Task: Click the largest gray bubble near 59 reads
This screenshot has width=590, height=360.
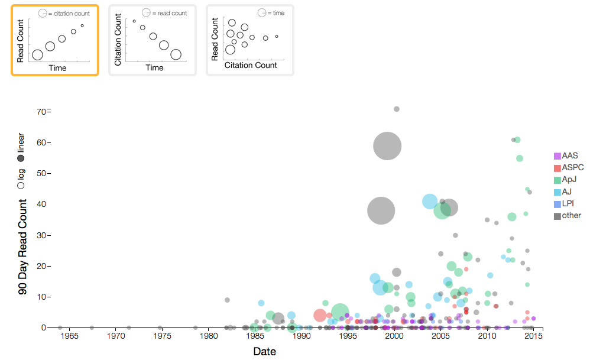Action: (387, 146)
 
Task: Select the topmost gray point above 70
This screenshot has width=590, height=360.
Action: (397, 109)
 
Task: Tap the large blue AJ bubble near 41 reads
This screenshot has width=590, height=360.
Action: (430, 202)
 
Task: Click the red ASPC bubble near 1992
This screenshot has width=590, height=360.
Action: (320, 316)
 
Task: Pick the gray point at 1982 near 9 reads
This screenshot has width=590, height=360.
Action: (227, 300)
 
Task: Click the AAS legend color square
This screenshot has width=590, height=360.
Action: (557, 156)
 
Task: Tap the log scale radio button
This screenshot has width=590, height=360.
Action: (21, 185)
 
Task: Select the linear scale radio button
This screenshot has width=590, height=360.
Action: (21, 158)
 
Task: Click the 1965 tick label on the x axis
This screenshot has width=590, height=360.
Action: (69, 336)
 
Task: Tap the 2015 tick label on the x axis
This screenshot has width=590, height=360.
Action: (534, 336)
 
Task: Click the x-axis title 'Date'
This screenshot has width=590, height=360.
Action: (264, 351)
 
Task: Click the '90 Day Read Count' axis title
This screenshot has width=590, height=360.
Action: (22, 247)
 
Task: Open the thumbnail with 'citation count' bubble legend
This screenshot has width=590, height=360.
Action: (54, 40)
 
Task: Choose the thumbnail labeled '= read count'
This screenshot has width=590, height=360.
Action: (152, 40)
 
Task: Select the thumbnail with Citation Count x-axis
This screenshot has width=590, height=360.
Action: (249, 40)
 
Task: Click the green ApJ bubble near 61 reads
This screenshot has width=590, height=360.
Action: (517, 140)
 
